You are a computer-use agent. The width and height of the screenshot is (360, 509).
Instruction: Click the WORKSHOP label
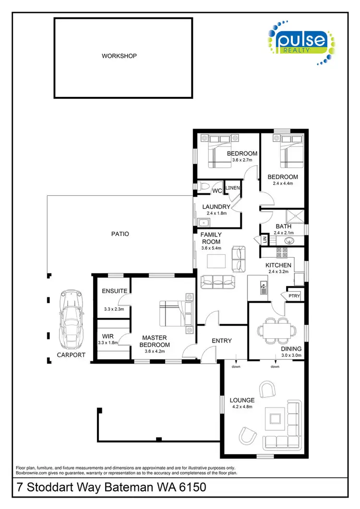pos(119,56)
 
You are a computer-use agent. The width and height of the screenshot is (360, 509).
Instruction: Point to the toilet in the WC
pos(204,186)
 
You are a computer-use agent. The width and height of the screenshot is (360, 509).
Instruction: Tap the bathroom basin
pos(290,241)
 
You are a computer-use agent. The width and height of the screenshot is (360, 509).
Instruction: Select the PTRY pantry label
pos(294,296)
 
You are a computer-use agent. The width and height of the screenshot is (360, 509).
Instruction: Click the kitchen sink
pos(264,288)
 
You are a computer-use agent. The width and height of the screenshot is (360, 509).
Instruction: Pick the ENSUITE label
pos(114,291)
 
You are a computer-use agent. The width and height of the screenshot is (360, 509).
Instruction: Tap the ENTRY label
pos(222,341)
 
